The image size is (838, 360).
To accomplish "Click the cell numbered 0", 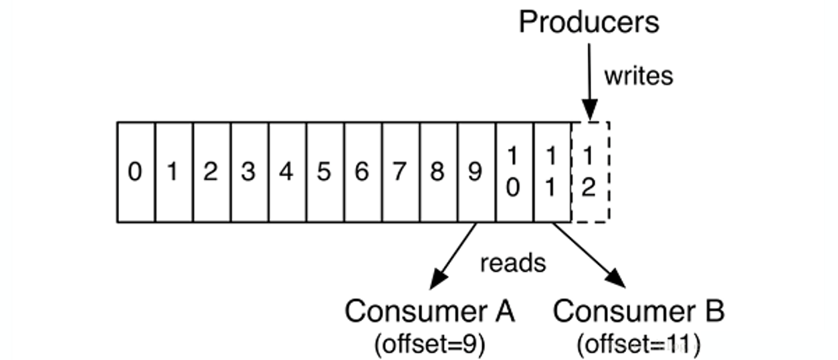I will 136,173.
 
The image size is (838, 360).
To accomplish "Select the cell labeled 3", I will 249,173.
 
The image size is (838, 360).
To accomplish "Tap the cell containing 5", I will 324,173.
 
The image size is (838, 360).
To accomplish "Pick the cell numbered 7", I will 400,173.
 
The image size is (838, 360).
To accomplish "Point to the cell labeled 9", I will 476,173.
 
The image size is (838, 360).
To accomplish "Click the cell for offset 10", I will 514,173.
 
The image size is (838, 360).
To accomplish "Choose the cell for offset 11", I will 551,173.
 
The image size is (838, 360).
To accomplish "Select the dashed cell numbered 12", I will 589,173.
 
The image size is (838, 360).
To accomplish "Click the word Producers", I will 589,22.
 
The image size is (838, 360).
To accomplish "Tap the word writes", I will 638,76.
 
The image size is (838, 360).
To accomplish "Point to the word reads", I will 513,263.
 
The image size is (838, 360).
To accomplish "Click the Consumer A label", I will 429,311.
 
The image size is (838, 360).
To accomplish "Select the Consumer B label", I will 639,311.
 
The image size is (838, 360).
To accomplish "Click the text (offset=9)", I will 429,344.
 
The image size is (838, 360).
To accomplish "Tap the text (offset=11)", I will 638,344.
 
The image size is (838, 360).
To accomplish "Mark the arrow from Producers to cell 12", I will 589,80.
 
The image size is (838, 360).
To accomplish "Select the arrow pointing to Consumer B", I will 589,255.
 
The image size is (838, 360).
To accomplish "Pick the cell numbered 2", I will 211,173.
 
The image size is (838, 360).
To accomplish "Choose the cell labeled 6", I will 362,173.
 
